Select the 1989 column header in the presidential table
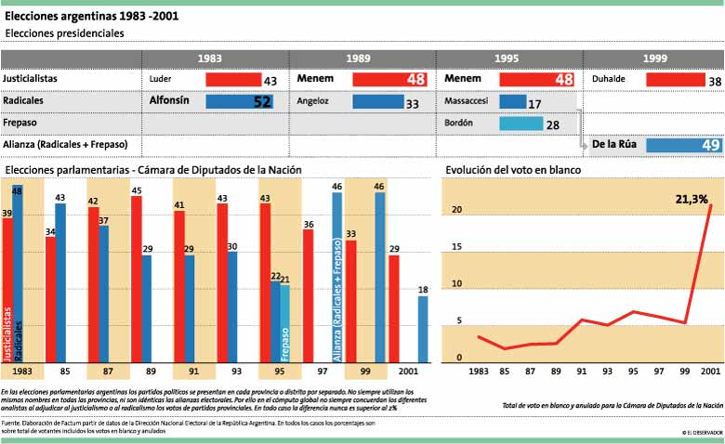click(361, 59)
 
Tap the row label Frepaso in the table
click(20, 122)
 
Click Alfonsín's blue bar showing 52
click(239, 101)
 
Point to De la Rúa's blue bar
click(684, 145)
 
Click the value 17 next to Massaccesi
click(535, 103)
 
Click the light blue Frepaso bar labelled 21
click(284, 323)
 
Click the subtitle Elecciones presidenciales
click(64, 33)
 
